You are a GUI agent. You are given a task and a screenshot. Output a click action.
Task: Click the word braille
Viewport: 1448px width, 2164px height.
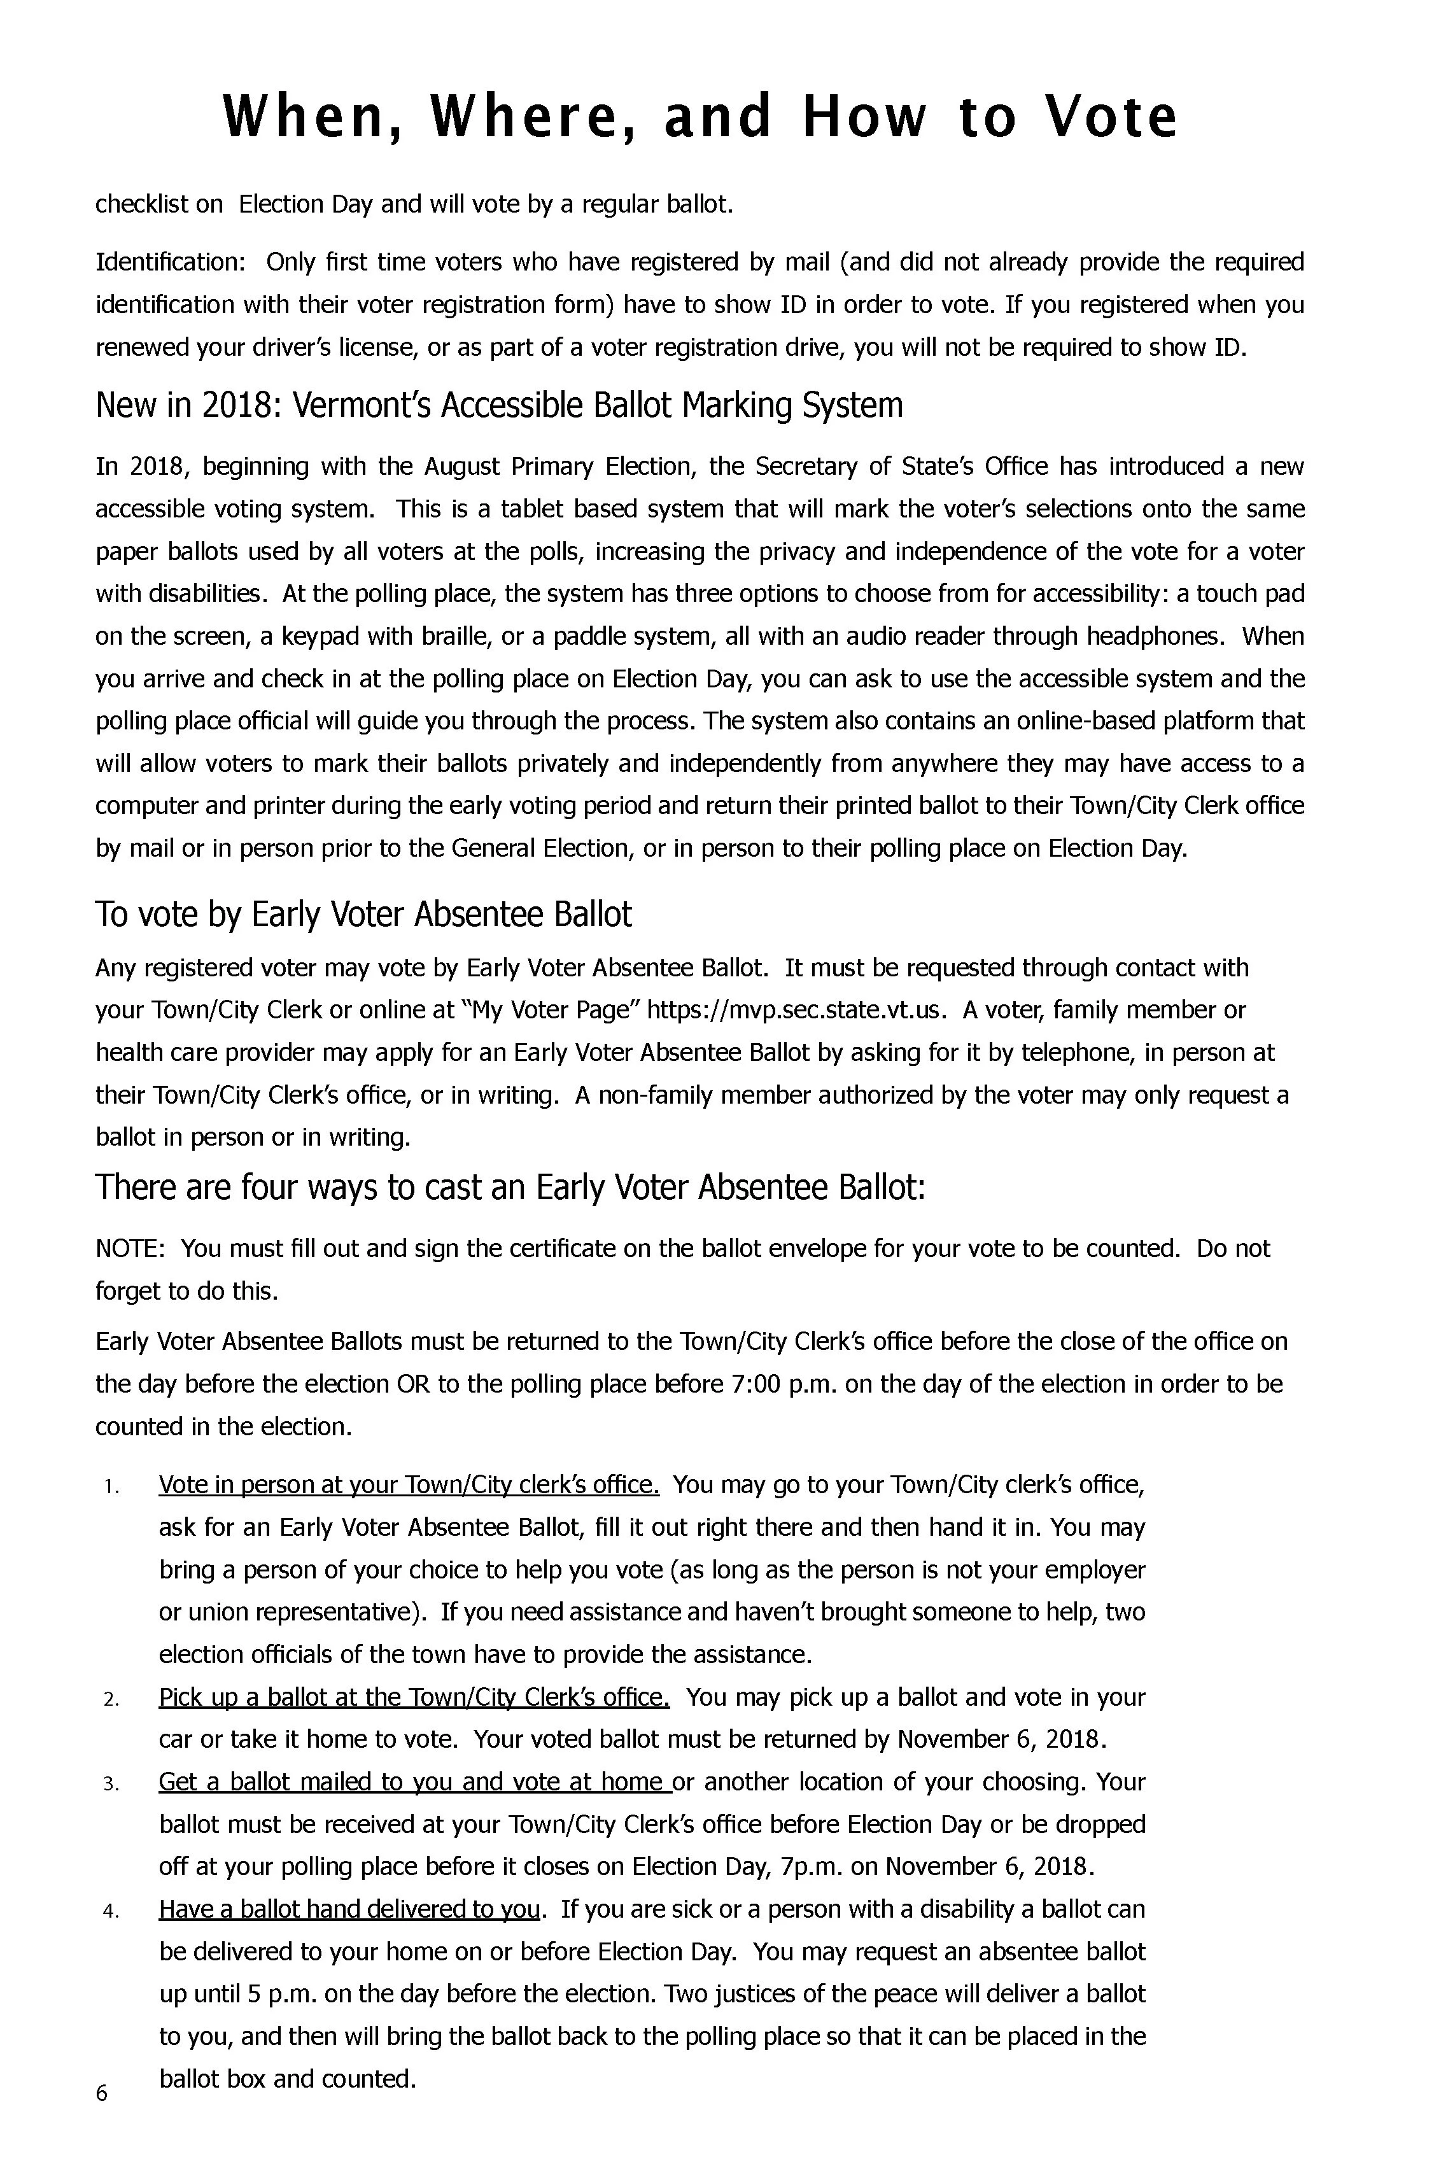tap(506, 636)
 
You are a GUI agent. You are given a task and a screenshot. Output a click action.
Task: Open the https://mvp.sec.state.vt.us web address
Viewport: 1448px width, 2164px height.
tap(796, 1010)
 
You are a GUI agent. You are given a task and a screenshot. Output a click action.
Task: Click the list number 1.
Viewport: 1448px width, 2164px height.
tap(109, 1486)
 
